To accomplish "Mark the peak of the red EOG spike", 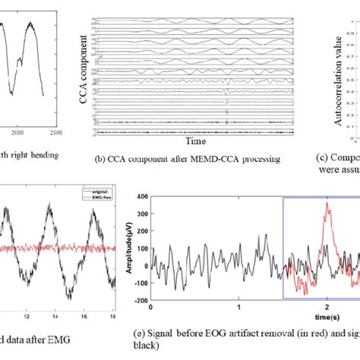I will coord(327,203).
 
